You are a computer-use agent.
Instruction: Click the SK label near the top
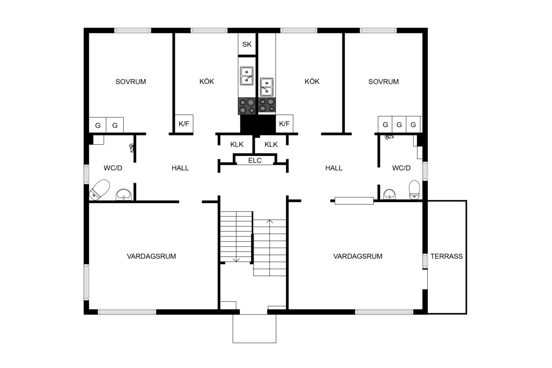tap(247, 44)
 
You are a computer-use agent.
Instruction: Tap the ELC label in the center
tap(255, 160)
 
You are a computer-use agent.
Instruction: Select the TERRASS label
tap(446, 256)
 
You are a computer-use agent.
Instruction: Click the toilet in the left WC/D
tap(100, 189)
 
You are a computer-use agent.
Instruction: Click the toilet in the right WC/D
tap(414, 189)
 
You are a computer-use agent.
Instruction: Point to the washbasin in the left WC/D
tap(124, 195)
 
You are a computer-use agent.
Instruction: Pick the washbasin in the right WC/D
tap(389, 194)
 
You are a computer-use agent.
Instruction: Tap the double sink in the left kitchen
tap(247, 76)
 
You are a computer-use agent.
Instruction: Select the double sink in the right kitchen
tap(267, 87)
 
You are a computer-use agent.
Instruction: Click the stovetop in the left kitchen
tap(247, 106)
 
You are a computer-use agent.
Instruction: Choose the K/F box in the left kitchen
tap(184, 124)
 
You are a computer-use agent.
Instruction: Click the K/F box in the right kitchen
tap(284, 124)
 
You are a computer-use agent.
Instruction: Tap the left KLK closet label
tap(237, 145)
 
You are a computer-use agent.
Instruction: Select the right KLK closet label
tap(271, 145)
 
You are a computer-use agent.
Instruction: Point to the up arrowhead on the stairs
tap(270, 221)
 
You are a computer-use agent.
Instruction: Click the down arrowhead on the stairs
tap(236, 260)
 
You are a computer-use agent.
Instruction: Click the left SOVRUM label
tap(131, 82)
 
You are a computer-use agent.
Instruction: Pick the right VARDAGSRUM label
tap(358, 256)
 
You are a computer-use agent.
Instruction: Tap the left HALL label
tap(180, 168)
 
